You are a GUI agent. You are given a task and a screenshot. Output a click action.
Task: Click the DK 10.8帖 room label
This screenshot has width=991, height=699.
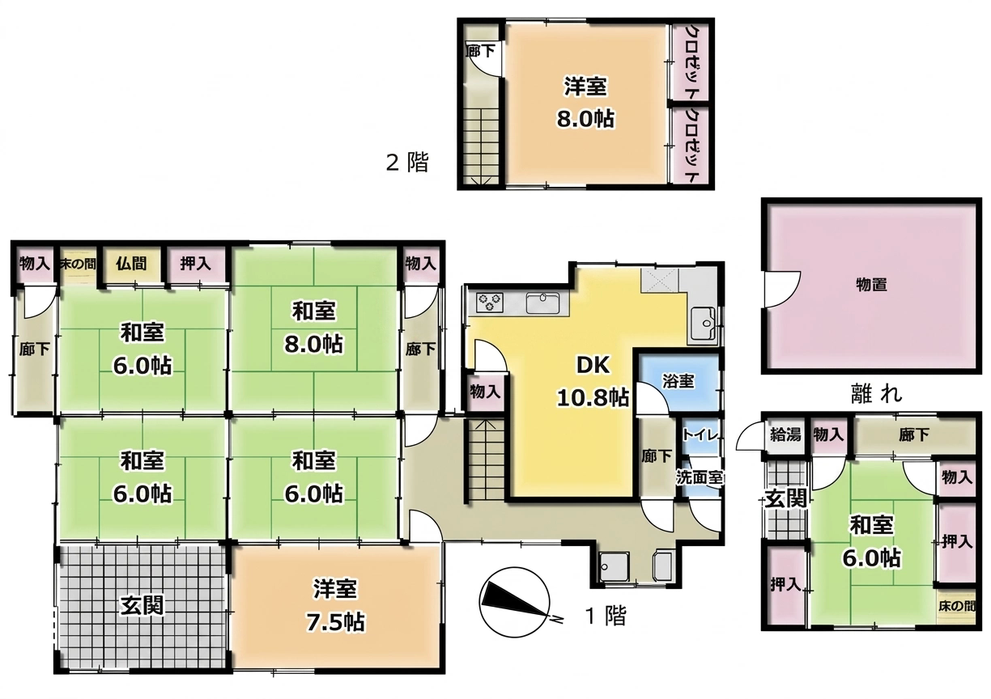[593, 382]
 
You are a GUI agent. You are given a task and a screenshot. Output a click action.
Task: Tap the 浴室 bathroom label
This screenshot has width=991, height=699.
[678, 381]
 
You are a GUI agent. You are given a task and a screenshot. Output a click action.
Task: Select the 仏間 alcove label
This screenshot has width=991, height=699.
[131, 264]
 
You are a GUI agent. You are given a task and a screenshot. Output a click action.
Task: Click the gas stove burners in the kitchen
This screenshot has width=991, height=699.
[490, 303]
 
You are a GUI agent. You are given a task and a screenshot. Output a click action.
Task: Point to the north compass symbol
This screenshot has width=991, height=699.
[514, 602]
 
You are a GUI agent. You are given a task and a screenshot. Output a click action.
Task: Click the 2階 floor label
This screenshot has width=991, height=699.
[407, 163]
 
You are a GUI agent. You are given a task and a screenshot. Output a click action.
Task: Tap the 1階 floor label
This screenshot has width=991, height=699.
[606, 616]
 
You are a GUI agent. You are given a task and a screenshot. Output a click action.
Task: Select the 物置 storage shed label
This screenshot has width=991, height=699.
[871, 285]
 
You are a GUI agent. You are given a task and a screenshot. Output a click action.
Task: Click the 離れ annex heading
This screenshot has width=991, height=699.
[876, 393]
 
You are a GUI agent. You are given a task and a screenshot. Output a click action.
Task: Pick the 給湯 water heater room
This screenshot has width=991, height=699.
[785, 434]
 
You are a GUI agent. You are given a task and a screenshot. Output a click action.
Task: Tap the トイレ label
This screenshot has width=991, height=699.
[700, 434]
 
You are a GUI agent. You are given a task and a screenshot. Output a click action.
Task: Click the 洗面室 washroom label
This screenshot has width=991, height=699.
[700, 477]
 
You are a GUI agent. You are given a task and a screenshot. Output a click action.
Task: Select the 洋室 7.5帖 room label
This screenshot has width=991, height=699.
[335, 605]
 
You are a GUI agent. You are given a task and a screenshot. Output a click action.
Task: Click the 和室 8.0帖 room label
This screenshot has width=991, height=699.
[313, 328]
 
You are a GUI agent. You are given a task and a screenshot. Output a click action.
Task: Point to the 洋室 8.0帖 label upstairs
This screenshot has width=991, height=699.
[585, 103]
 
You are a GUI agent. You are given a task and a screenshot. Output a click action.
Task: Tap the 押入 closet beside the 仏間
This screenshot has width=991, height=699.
[195, 264]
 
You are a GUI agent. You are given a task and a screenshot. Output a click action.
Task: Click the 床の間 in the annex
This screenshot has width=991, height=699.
[956, 606]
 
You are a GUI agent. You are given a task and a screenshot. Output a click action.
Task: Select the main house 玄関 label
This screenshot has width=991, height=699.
[142, 605]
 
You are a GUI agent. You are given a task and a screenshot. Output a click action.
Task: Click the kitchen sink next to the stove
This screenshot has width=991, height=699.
[542, 303]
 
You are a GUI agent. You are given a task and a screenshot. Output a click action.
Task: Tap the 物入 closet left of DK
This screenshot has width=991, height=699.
[485, 392]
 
